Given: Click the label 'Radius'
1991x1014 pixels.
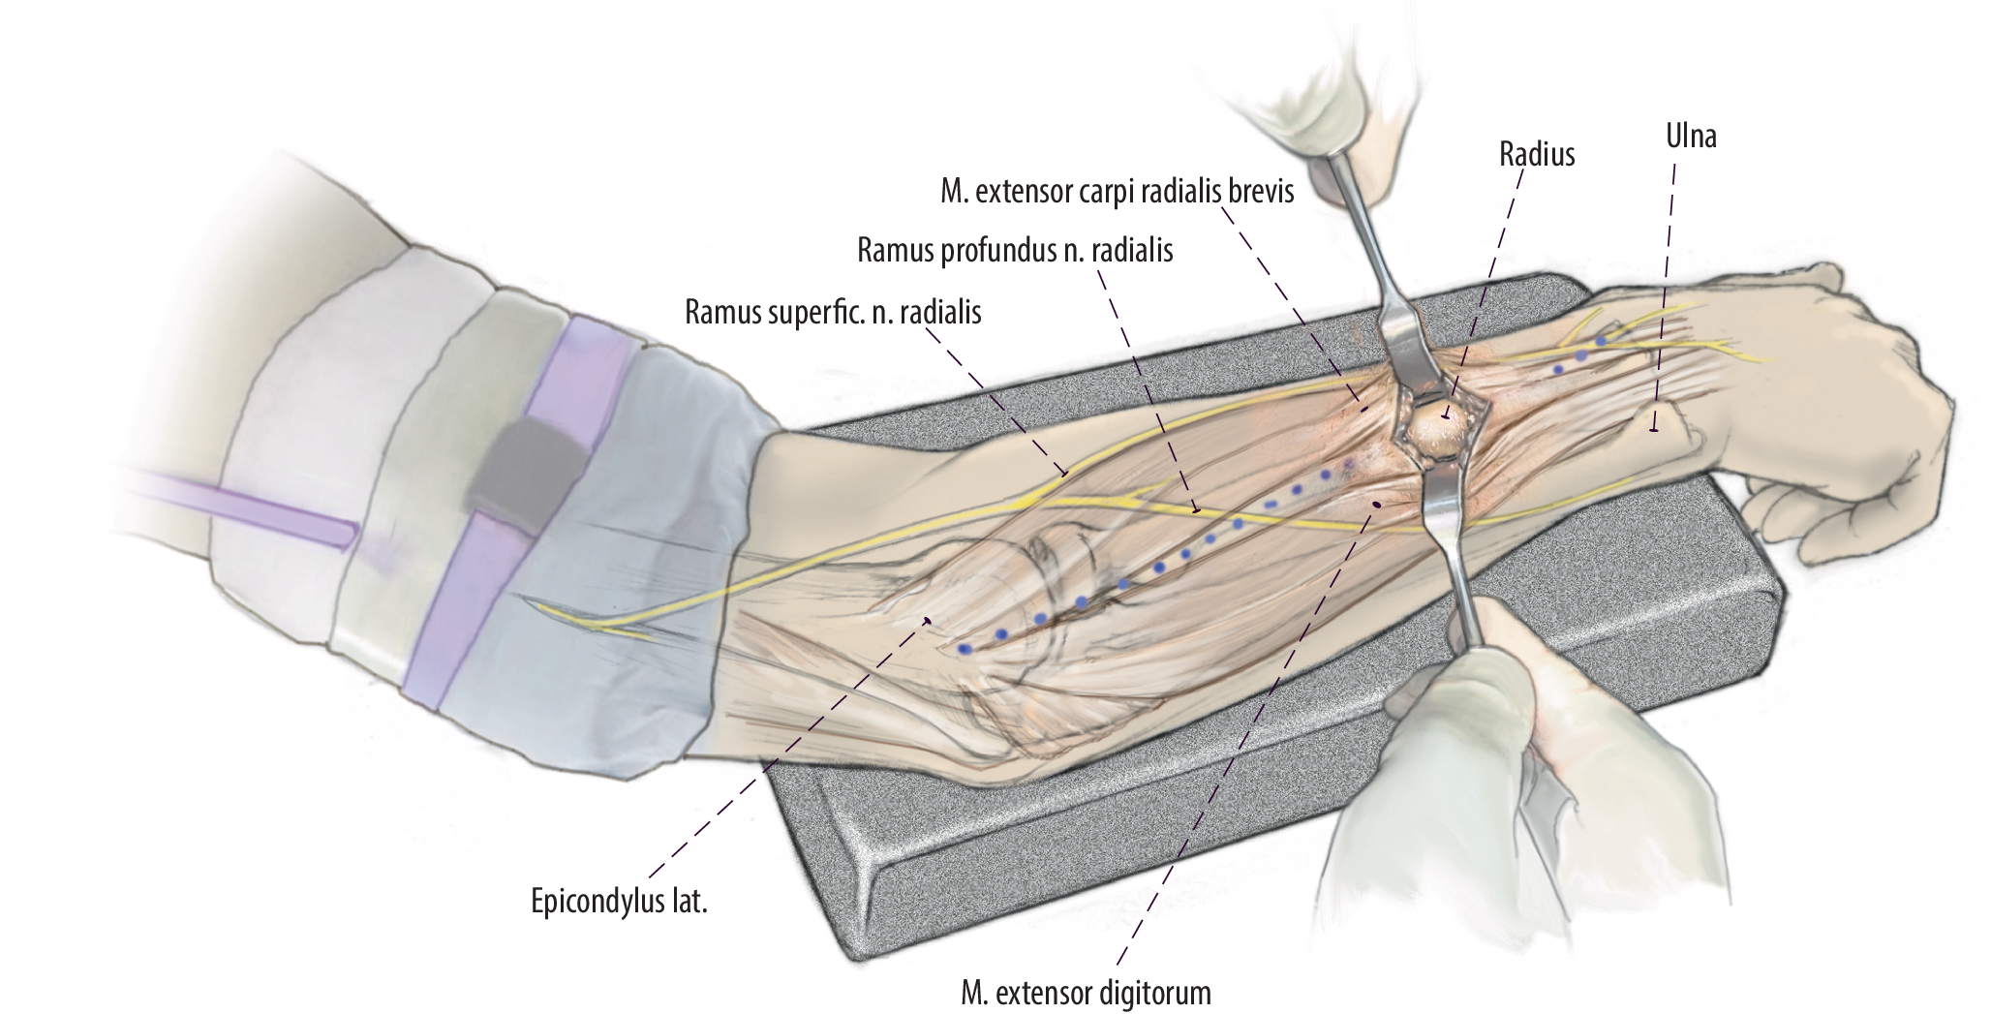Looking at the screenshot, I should point(1537,154).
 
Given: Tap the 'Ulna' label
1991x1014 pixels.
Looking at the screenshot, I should point(1691,137).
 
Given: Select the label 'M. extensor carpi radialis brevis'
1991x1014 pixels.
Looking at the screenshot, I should point(1117,192).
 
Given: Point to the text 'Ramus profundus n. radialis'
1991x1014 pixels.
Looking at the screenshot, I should point(1015,251).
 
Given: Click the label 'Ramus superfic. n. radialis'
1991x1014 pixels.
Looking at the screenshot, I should point(833,313).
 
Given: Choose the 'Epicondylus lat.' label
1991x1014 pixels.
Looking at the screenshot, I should point(619,902).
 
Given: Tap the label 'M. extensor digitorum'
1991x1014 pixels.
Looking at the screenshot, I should point(1087,993).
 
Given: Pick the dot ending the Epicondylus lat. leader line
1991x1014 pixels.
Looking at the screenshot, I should point(928,621).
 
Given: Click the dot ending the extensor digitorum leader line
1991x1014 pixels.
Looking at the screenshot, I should point(1377,505).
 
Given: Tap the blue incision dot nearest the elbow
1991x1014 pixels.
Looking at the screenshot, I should point(964,649).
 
